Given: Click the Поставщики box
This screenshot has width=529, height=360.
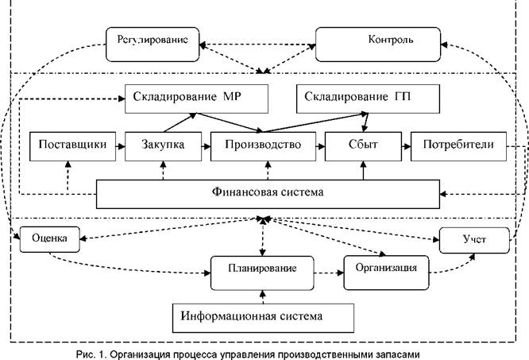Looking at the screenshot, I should (x=68, y=145).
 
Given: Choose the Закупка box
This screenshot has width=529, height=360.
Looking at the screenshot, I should (x=162, y=145).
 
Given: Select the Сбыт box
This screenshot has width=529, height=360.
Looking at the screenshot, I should (x=363, y=145).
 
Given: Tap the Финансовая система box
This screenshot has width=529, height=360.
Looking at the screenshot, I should (x=268, y=192).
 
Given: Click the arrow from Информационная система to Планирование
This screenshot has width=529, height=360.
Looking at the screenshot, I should (x=260, y=294).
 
